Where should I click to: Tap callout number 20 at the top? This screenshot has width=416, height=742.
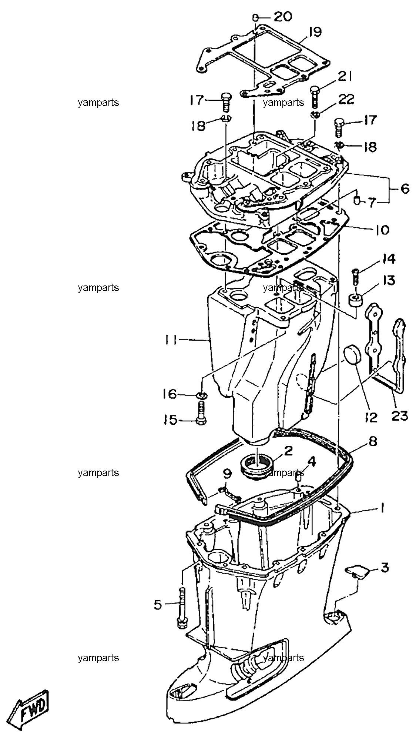(283, 16)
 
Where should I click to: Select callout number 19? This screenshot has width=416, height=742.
(315, 32)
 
